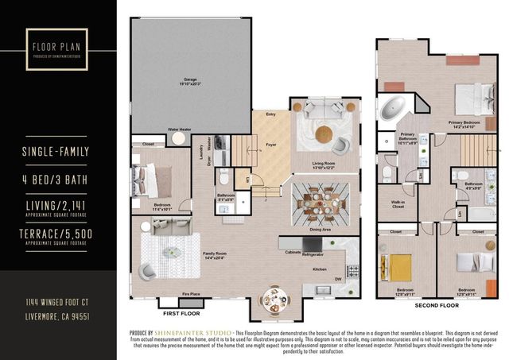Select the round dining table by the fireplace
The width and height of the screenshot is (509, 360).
click(274, 300)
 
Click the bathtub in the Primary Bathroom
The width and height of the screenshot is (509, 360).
click(390, 108)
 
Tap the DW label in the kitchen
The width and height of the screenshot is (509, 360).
click(339, 279)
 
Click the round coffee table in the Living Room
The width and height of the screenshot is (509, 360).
click(323, 134)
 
